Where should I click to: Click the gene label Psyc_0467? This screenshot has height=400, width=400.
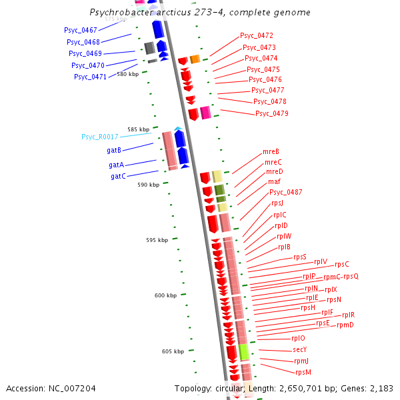[81, 30]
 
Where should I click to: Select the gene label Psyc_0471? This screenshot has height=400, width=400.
[90, 77]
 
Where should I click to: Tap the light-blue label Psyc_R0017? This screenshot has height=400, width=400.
[100, 137]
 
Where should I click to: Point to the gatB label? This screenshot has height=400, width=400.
[113, 150]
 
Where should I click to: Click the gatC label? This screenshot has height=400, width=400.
[118, 176]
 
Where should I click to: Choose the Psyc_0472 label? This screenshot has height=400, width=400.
[257, 35]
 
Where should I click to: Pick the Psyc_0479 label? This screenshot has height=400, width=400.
[272, 113]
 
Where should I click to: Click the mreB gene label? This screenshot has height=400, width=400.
[271, 151]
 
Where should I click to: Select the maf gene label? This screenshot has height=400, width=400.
[274, 181]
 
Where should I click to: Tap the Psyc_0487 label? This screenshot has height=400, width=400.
[286, 192]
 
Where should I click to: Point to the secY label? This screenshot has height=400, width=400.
[299, 349]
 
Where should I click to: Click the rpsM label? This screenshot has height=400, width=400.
[303, 372]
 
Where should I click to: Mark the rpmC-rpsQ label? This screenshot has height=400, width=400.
[341, 277]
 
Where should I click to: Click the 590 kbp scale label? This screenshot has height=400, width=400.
[149, 185]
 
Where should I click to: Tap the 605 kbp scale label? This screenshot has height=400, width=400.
[173, 351]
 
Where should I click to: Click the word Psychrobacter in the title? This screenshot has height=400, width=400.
[121, 13]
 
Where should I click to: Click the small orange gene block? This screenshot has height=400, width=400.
[195, 59]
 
